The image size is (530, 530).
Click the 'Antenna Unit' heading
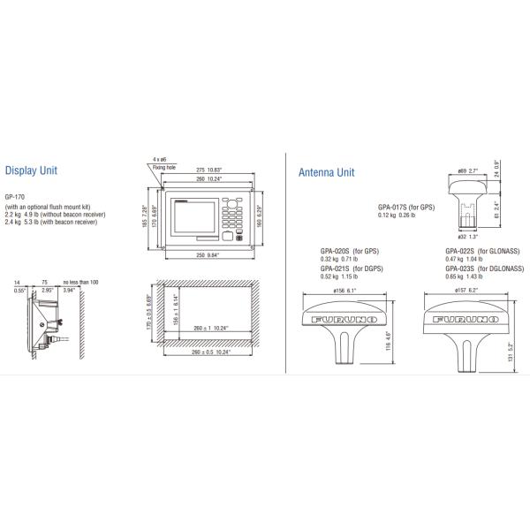[327, 173]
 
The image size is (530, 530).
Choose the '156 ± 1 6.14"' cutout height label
[175, 310]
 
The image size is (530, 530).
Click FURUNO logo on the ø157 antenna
[469, 318]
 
